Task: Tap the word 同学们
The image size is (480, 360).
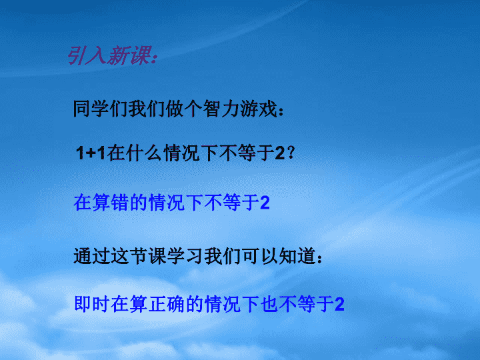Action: click(x=101, y=109)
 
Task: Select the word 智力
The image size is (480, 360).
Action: click(x=221, y=109)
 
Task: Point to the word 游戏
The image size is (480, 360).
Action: click(x=259, y=109)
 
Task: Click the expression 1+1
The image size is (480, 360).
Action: click(x=91, y=153)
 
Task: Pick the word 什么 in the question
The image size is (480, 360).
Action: click(x=144, y=153)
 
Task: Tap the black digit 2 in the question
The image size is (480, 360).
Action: click(x=280, y=153)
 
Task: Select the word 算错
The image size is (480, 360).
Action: click(x=110, y=203)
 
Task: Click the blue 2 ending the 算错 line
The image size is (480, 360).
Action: click(x=265, y=203)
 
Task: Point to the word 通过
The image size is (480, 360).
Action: click(x=92, y=256)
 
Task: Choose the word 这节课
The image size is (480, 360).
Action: click(x=139, y=256)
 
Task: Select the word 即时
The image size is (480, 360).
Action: click(x=92, y=304)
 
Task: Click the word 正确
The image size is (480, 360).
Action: click(x=167, y=304)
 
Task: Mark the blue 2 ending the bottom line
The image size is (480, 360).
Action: click(x=339, y=305)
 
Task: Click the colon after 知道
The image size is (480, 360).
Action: click(x=319, y=259)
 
